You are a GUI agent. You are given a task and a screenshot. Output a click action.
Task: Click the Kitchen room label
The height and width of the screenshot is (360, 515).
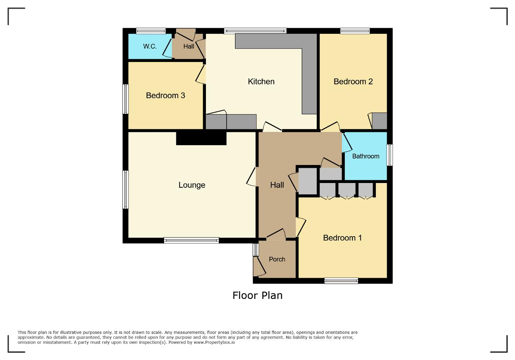click(261, 82)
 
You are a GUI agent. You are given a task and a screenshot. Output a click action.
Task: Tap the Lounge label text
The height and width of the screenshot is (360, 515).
click(192, 185)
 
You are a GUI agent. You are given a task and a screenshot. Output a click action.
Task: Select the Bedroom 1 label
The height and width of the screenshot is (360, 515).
click(342, 238)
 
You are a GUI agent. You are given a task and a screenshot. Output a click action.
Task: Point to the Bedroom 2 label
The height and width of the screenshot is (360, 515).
click(353, 82)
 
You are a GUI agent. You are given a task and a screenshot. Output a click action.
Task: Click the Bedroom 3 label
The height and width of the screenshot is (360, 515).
click(165, 95)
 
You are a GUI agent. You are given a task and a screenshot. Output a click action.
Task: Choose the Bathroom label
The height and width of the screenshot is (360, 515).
click(366, 156)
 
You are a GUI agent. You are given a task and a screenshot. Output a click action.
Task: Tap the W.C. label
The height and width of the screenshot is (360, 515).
click(150, 46)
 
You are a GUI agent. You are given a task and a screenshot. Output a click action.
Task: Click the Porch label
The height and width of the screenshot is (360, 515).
click(277, 259)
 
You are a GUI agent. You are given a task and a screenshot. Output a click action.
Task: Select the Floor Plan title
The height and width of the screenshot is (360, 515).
click(257, 296)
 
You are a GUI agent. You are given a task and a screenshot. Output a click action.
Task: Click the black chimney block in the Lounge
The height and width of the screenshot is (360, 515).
click(201, 138)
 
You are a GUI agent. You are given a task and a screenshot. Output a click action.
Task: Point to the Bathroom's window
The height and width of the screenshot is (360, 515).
click(389, 155)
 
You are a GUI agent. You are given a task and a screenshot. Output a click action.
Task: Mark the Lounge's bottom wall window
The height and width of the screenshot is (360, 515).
click(191, 241)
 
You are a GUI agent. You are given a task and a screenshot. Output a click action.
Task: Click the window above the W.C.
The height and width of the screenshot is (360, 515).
click(150, 31)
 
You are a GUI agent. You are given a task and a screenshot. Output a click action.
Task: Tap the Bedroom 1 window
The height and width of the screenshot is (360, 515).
click(341, 281)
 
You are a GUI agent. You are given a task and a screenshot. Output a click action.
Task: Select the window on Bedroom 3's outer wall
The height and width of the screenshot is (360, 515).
click(125, 99)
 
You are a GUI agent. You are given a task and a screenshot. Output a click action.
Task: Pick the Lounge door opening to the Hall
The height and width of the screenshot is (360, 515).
click(251, 177)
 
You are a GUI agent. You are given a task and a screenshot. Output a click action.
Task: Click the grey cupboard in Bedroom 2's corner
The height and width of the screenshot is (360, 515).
click(379, 121)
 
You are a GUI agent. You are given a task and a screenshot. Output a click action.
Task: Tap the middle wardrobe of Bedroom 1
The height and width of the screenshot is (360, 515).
click(347, 190)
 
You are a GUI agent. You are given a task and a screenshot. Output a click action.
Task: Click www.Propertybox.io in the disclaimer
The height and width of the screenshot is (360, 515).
click(214, 342)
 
